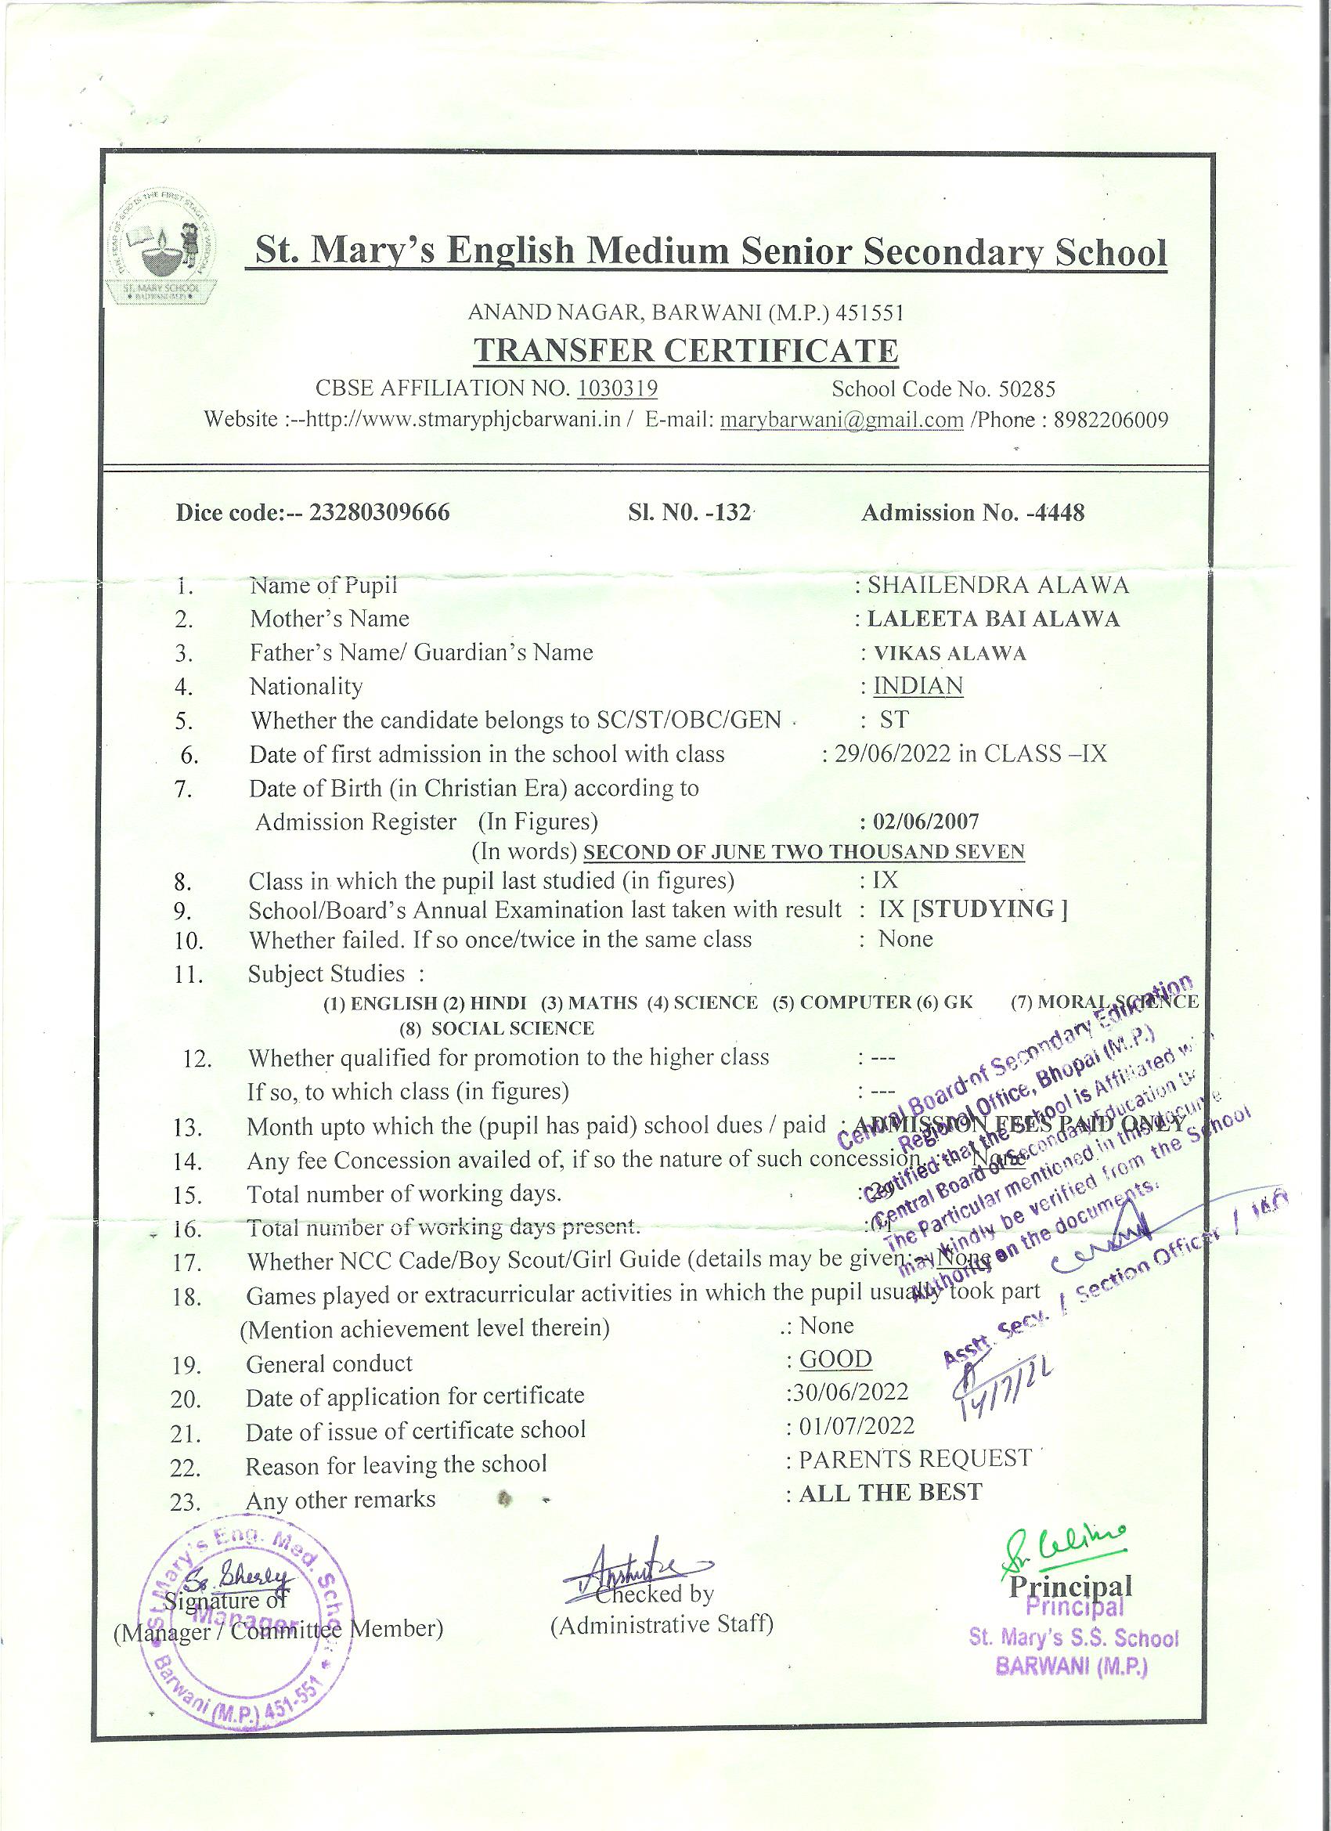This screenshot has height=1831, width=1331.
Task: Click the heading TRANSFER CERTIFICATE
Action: coord(685,350)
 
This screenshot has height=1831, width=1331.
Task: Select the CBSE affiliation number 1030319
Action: coord(618,389)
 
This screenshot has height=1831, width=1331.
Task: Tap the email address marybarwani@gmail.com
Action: coord(841,421)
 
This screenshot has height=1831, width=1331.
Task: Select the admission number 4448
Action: coord(1061,513)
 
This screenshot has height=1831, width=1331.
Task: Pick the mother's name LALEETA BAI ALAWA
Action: coord(993,619)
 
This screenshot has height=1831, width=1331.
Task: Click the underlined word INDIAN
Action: coord(918,686)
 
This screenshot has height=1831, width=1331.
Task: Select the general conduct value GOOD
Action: coord(835,1360)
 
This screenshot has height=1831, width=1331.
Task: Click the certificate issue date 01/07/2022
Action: coord(857,1427)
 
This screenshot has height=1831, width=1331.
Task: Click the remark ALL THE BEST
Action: coord(890,1493)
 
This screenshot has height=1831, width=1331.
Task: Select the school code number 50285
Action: coord(1026,389)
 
